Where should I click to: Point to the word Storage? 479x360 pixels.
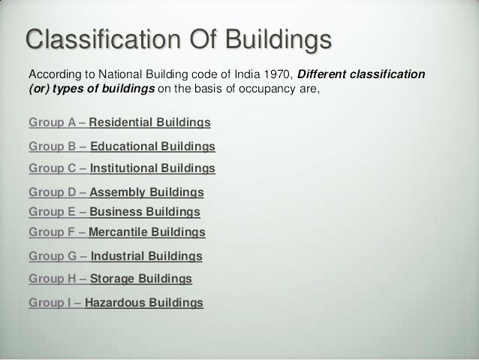(x=113, y=279)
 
